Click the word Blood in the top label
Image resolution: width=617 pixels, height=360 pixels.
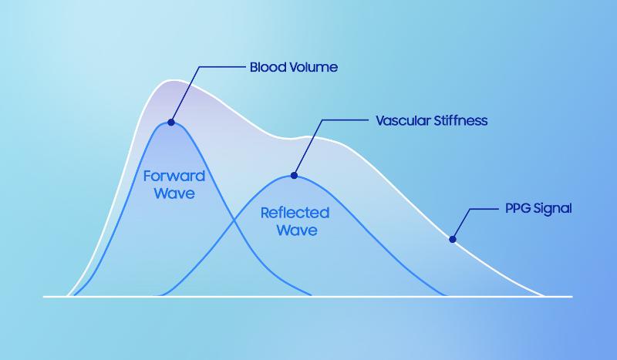tap(267, 68)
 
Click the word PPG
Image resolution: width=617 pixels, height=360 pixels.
tap(518, 209)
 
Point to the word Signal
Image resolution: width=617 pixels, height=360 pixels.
tap(554, 209)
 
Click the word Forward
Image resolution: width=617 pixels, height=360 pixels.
tap(174, 176)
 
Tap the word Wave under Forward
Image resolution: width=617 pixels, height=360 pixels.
tap(174, 193)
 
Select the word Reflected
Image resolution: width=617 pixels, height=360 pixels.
tap(295, 213)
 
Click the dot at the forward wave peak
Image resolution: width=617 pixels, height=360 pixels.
tap(170, 122)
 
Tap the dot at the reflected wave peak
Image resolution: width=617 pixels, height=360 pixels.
tap(294, 176)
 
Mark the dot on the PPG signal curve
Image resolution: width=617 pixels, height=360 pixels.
tap(453, 239)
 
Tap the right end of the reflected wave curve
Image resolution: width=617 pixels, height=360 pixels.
tap(446, 295)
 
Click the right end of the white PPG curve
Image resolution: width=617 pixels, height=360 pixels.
tap(545, 295)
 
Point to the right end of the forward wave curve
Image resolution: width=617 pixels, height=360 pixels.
tap(311, 295)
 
